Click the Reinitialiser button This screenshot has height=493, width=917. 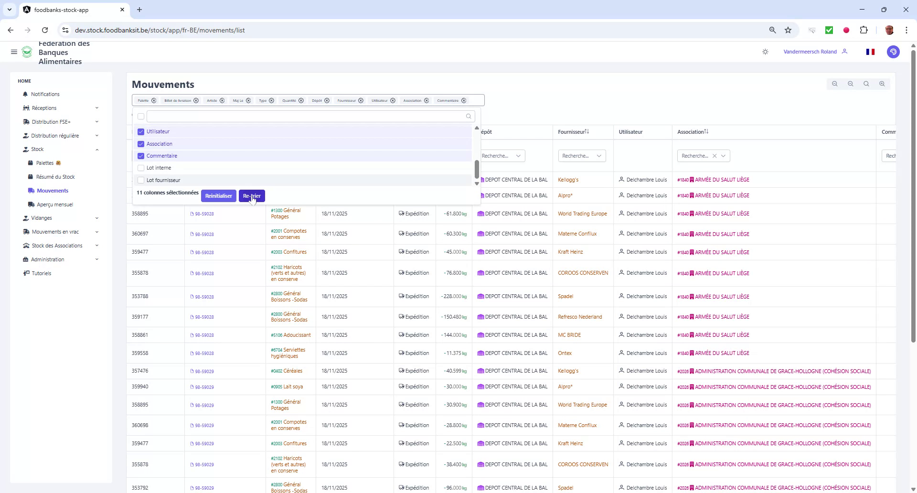click(218, 196)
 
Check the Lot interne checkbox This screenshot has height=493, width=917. click(141, 168)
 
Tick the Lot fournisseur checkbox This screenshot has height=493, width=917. click(141, 180)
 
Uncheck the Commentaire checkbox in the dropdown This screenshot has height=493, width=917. click(141, 156)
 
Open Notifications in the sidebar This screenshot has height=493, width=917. click(45, 94)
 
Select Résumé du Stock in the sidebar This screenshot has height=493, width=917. click(55, 177)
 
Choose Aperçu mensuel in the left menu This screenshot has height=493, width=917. click(55, 204)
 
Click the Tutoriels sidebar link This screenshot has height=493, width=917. click(42, 273)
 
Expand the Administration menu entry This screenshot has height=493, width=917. click(48, 259)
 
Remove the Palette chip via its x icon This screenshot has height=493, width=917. click(154, 101)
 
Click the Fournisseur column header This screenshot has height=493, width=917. click(571, 132)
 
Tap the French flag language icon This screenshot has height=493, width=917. click(870, 52)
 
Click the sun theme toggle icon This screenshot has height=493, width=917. click(766, 52)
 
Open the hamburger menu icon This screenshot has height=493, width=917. click(14, 52)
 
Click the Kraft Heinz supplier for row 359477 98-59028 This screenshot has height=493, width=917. click(570, 252)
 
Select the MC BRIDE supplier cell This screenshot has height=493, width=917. click(569, 335)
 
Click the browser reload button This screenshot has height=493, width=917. click(45, 30)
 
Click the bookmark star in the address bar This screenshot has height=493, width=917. click(788, 30)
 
